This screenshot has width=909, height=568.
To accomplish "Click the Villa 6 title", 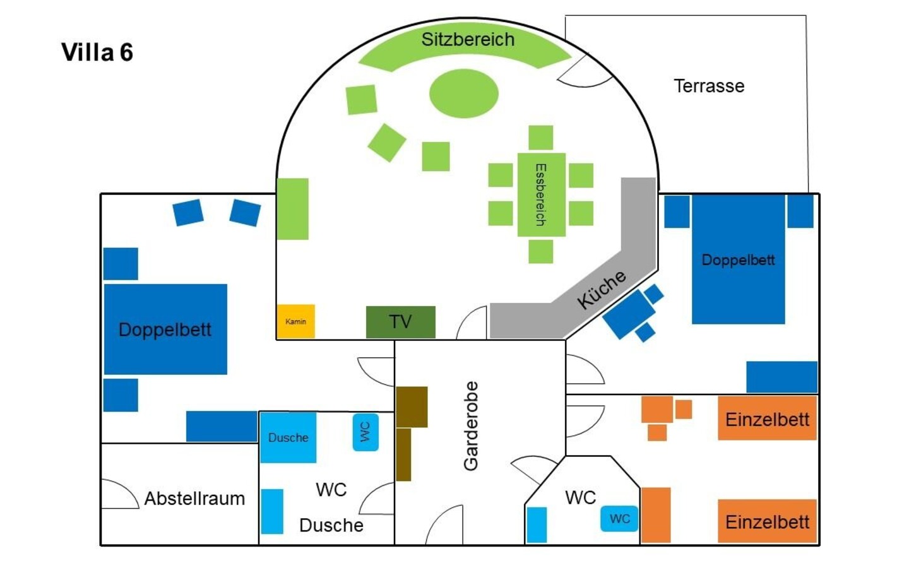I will coord(97,52).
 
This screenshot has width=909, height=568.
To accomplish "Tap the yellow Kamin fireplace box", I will coord(295,321).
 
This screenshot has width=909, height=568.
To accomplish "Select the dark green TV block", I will coord(400,322).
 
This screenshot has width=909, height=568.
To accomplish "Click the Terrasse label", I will coord(709,86).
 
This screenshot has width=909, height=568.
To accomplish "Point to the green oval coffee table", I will coord(464,93).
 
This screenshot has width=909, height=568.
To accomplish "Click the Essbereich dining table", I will coord(541,194).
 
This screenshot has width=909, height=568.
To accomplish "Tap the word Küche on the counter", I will coord(602,289).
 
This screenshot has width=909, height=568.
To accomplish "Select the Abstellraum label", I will coord(194,499).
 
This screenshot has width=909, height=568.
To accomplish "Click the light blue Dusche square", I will coord(288,437).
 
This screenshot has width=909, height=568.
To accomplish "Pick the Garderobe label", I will coord(471,426).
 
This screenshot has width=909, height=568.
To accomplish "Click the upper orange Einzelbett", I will coord(767,419).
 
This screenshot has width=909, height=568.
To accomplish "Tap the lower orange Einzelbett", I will coord(767,521).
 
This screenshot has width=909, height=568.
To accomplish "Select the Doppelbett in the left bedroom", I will coord(165,329).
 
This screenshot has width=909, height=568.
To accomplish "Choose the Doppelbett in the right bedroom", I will coord(738,259).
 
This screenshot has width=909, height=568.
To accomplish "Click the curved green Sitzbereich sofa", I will coord(467,44).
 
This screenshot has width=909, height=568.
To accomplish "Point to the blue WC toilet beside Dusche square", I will coord(365,432).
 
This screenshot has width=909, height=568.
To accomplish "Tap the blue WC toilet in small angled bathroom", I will coord(619,519).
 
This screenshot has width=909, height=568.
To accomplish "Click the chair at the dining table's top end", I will coord(541,138).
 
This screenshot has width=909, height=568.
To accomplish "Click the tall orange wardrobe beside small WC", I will coord(656,515).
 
